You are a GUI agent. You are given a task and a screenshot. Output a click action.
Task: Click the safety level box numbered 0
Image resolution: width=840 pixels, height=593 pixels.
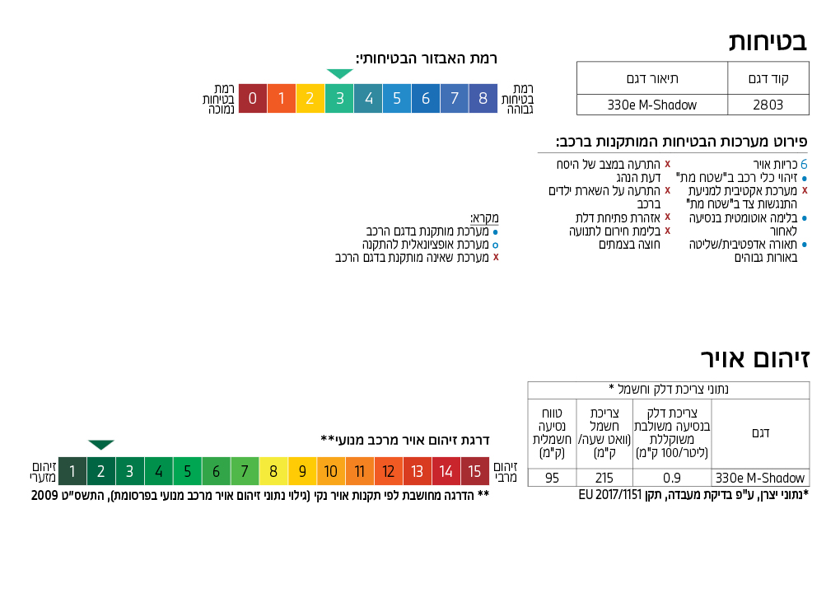pyautogui.click(x=253, y=99)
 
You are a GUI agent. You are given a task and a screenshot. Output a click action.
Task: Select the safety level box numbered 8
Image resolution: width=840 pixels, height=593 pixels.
pyautogui.click(x=483, y=99)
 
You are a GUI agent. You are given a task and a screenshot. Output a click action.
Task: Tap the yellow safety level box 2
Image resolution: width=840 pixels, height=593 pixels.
pyautogui.click(x=310, y=99)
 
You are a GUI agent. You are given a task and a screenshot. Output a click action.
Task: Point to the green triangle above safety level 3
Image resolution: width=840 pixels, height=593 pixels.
pyautogui.click(x=339, y=74)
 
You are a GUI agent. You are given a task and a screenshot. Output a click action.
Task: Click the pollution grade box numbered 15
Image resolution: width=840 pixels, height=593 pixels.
pyautogui.click(x=475, y=472)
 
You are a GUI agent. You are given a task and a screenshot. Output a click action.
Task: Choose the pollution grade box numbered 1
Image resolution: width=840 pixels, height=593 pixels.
pyautogui.click(x=72, y=472)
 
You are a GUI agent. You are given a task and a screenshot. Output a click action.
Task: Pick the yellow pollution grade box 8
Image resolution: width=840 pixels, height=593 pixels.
pyautogui.click(x=273, y=472)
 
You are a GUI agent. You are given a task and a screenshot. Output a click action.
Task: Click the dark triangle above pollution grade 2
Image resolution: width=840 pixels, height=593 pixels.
pyautogui.click(x=101, y=445)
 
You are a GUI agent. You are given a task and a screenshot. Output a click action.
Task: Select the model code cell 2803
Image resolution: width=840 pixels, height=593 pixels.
pyautogui.click(x=768, y=105)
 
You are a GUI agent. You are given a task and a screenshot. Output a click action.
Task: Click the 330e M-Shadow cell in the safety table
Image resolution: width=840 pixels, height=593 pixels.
pyautogui.click(x=651, y=105)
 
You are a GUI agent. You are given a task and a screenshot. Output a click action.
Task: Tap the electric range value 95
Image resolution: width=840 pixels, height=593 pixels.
pyautogui.click(x=552, y=478)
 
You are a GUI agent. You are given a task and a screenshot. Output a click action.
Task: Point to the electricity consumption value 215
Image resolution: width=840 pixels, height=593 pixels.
pyautogui.click(x=604, y=478)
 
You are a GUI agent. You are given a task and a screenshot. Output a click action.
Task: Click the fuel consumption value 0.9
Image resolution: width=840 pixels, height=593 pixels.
pyautogui.click(x=672, y=478)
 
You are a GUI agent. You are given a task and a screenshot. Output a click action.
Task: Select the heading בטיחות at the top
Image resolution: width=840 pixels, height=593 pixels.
pyautogui.click(x=768, y=41)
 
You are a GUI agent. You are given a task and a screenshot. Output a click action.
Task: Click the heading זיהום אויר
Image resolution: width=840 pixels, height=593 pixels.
pyautogui.click(x=755, y=359)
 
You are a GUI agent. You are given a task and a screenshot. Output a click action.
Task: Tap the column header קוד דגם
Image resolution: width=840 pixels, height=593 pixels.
pyautogui.click(x=768, y=79)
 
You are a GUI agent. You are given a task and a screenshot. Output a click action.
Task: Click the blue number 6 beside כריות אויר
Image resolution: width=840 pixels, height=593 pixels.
pyautogui.click(x=804, y=165)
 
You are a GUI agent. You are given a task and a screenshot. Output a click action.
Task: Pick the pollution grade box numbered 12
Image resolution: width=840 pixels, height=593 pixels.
pyautogui.click(x=389, y=472)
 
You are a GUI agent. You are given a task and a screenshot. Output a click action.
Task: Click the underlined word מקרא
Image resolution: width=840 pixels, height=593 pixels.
pyautogui.click(x=484, y=218)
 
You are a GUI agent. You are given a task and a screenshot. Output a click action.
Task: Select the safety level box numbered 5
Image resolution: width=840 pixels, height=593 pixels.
pyautogui.click(x=397, y=99)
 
